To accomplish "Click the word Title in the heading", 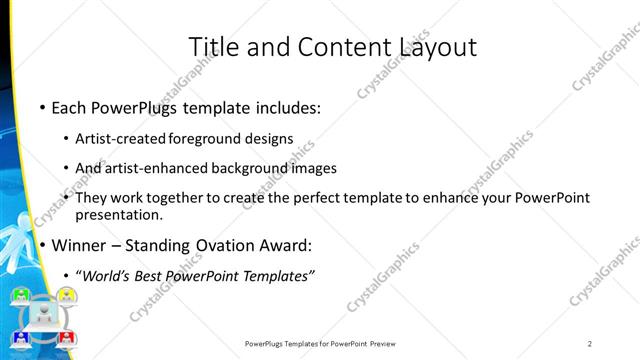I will (x=212, y=47).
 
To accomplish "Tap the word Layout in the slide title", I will (x=437, y=47).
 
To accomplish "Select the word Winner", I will (x=81, y=245).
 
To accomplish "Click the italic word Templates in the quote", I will (x=278, y=275).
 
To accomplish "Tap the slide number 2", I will (x=590, y=344).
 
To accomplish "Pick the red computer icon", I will (x=66, y=338).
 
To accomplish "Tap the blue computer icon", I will (x=22, y=338).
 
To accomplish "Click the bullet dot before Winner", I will (x=41, y=245).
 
